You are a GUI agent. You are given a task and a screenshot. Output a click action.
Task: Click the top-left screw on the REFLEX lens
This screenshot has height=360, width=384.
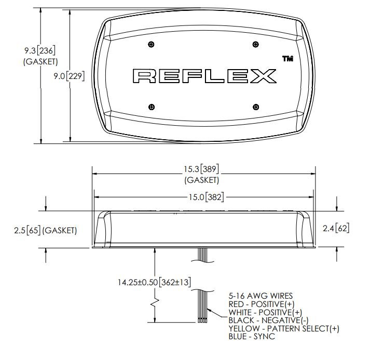click(152, 44)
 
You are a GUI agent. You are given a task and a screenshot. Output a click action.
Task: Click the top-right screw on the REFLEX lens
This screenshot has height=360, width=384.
click(256, 44)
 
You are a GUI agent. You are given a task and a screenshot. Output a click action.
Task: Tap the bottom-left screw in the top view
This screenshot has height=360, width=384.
click(152, 107)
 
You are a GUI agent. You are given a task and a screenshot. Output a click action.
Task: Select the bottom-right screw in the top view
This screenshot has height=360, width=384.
click(256, 107)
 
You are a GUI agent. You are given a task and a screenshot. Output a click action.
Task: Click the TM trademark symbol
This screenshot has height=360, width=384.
click(288, 59)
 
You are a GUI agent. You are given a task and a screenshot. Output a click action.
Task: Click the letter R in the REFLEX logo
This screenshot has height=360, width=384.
click(144, 76)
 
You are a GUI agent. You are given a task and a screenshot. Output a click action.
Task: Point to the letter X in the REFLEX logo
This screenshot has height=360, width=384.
click(264, 76)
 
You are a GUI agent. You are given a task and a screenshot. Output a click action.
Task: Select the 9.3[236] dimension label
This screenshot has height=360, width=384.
click(39, 51)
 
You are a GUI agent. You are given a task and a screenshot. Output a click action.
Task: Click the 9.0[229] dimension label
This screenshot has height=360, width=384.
click(69, 76)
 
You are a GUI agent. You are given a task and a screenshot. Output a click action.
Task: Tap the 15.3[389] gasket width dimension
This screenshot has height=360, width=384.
click(201, 169)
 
